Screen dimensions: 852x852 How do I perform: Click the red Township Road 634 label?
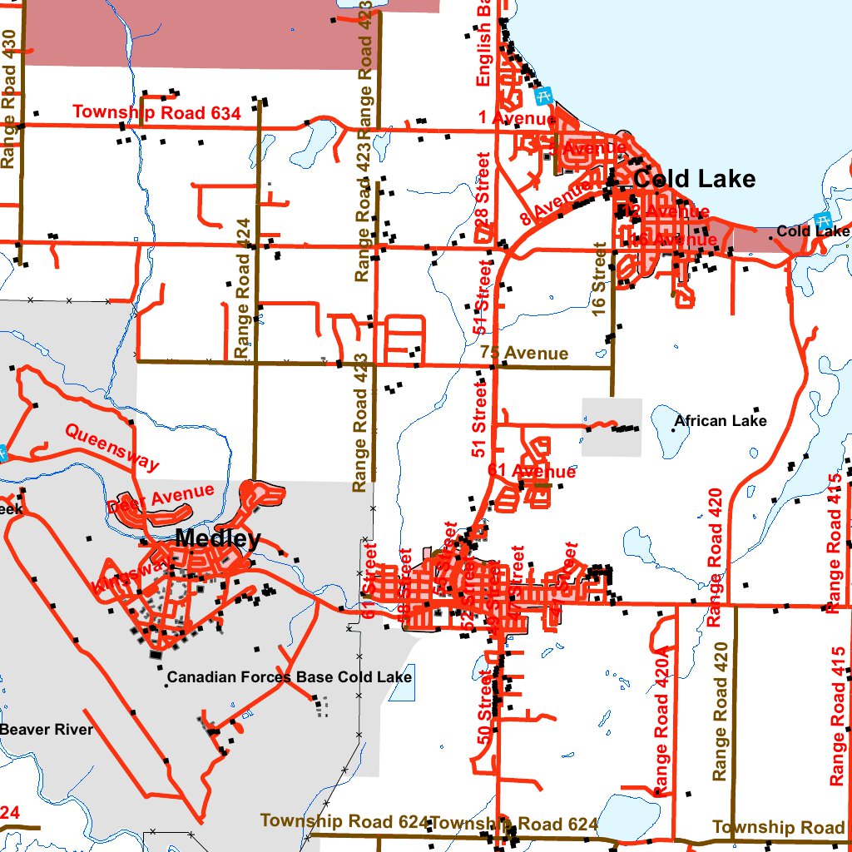156,112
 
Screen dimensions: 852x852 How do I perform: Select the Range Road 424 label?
243,288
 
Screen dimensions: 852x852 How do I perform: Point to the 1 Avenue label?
517,118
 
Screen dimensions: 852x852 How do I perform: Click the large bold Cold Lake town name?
695,179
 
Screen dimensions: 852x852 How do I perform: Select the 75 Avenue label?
524,354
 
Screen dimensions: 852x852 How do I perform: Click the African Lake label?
721,421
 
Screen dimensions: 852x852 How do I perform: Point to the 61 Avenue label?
532,472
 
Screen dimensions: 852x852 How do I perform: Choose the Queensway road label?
111,446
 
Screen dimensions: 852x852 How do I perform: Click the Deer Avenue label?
161,498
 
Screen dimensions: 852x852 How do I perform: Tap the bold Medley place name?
218,539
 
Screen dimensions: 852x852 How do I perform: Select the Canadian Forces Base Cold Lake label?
290,677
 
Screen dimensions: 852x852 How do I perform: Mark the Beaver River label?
47,730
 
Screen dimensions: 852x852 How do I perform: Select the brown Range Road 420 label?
721,711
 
